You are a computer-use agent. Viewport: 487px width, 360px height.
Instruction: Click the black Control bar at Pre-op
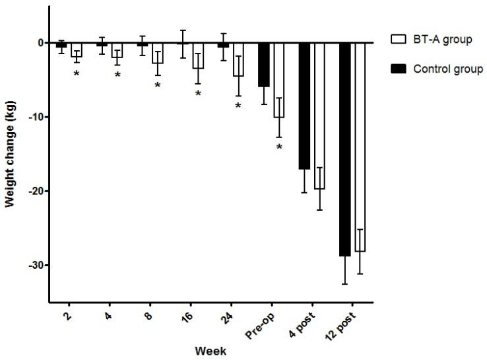[264, 65]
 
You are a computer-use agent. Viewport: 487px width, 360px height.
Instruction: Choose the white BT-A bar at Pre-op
[278, 80]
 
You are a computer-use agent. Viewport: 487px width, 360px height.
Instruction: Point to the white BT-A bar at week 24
[238, 59]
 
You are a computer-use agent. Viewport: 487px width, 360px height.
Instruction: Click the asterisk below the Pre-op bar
[279, 147]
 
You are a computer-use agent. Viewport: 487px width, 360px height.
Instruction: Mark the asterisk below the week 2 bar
[77, 73]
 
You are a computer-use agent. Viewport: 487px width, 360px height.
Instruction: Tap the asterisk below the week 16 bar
[198, 94]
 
